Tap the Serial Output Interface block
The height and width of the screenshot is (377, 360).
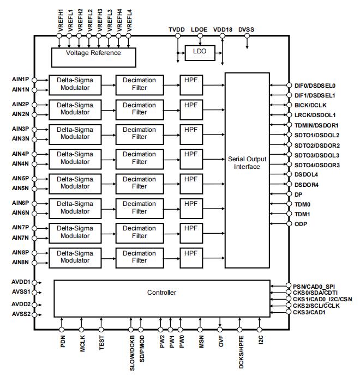[x=247, y=162]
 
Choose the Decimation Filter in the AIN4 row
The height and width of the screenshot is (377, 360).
[x=139, y=159]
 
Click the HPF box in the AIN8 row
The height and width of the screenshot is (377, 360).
[x=191, y=257]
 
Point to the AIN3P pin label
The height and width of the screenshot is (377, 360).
[x=20, y=129]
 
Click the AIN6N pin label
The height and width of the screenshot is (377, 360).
[x=20, y=212]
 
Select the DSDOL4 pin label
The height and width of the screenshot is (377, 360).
[x=306, y=174]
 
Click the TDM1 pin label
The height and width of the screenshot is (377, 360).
[x=302, y=214]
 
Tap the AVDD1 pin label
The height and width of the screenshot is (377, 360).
[x=20, y=282]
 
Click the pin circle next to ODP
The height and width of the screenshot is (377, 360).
[x=289, y=224]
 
